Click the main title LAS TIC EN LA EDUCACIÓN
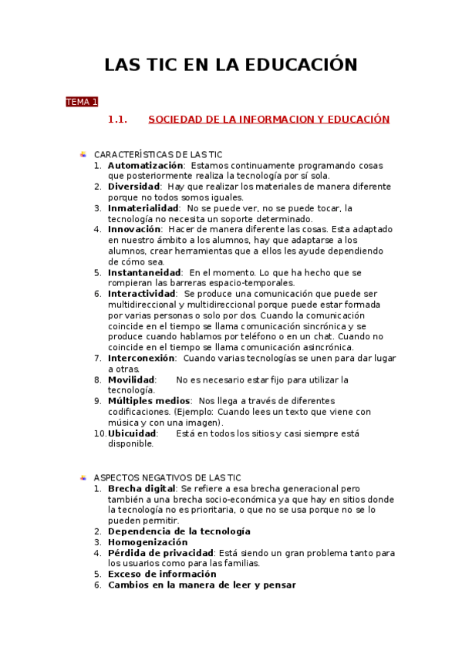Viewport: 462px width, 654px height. click(231, 65)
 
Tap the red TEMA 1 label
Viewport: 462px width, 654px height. click(82, 102)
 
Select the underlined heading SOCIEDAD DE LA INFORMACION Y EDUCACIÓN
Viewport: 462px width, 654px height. click(268, 120)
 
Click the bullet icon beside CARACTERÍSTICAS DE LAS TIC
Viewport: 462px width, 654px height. click(83, 154)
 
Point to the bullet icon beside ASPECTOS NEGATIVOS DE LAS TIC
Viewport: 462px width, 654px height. click(83, 478)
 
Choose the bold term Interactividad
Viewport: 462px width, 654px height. click(142, 294)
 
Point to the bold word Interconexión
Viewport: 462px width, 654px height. click(142, 359)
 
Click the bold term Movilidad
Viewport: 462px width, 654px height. click(131, 380)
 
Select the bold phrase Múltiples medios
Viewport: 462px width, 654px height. click(150, 401)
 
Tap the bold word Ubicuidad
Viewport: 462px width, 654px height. click(133, 433)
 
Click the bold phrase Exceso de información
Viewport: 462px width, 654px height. click(162, 575)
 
